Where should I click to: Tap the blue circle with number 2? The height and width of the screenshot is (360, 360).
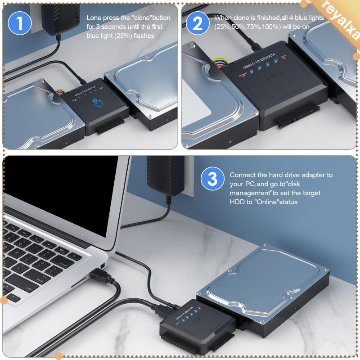(x=198, y=23)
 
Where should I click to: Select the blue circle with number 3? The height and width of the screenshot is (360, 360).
(x=212, y=180)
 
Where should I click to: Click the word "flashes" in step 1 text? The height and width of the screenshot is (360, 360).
(x=143, y=36)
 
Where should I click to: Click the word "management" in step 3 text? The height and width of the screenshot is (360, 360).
(x=250, y=193)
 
